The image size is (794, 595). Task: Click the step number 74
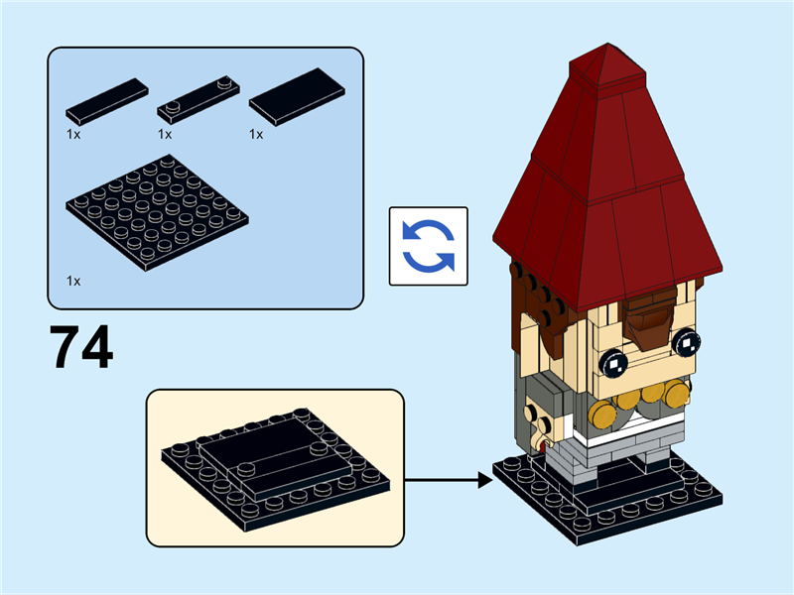pyautogui.click(x=81, y=346)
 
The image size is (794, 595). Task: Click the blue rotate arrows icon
pyautogui.click(x=428, y=246)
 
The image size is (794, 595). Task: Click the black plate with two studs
pyautogui.click(x=199, y=99)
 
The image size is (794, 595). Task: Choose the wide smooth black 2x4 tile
pyautogui.click(x=296, y=96)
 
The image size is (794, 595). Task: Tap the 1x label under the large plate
pyautogui.click(x=73, y=281)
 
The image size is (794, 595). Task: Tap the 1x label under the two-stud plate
pyautogui.click(x=165, y=133)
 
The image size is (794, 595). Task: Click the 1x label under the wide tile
pyautogui.click(x=256, y=133)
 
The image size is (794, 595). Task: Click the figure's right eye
pyautogui.click(x=686, y=343)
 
